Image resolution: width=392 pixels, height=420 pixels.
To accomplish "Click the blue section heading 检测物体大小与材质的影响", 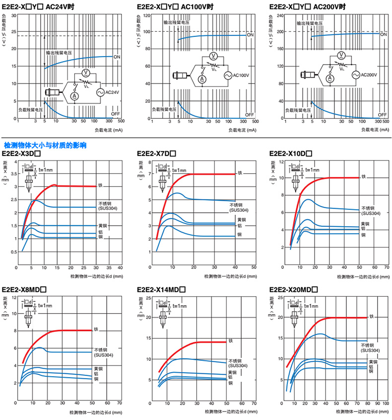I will coord(45,146).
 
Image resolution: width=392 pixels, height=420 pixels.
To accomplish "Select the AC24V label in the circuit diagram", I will coord(113,92).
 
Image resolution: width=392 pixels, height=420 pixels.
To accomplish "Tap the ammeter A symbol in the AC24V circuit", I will coord(73,95).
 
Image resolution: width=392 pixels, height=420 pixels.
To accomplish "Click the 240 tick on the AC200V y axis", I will coord(279,15).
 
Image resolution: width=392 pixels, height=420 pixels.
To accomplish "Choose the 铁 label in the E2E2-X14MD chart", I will coord(230,341).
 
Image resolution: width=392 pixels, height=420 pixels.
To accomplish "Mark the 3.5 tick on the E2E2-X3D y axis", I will coord(13,174).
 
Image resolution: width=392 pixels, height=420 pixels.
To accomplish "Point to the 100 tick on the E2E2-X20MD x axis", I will coord(386,404).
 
